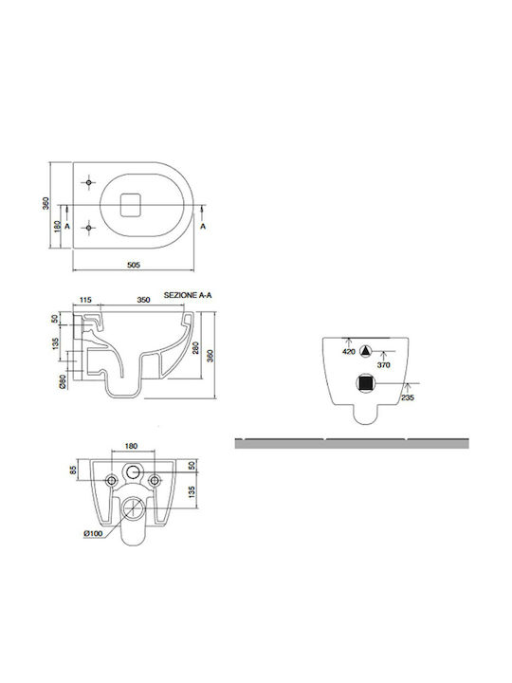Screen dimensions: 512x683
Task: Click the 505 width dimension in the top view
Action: point(134,265)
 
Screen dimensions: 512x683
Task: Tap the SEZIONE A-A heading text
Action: point(188,295)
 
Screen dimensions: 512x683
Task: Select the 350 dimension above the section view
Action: point(143,300)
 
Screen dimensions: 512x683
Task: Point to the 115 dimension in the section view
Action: point(85,300)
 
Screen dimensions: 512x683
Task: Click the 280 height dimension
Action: point(196,347)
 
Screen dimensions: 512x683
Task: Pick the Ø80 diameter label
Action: point(63,380)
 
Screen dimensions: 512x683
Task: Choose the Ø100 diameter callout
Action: point(93,533)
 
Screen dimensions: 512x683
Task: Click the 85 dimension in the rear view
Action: point(73,470)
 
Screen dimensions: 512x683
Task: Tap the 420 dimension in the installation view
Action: point(349,352)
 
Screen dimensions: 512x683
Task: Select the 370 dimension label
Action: point(384,365)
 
